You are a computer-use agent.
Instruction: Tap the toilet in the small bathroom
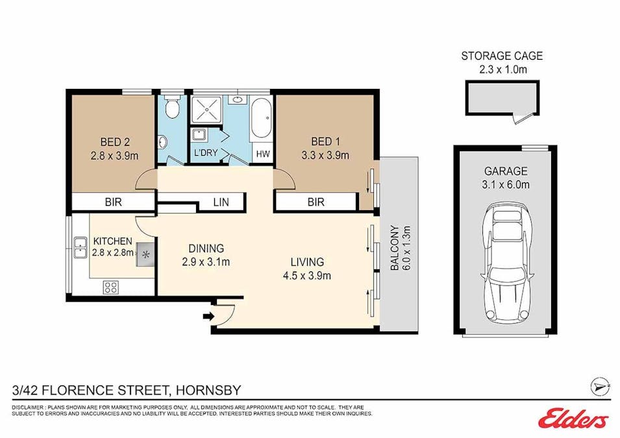pos(171,108)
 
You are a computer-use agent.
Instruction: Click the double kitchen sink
pos(81,245)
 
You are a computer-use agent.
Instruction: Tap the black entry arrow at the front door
pos(208,317)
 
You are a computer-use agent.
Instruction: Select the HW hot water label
pos(262,154)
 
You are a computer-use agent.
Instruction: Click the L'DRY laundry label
pos(206,154)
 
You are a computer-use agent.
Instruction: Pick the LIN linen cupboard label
pos(221,202)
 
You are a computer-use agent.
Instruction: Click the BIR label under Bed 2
pos(113,202)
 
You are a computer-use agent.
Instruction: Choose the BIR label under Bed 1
pos(316,202)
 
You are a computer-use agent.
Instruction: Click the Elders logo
pos(573,419)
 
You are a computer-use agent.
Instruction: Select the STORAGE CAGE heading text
pos(502,56)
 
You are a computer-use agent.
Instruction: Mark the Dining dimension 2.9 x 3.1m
pos(206,262)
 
